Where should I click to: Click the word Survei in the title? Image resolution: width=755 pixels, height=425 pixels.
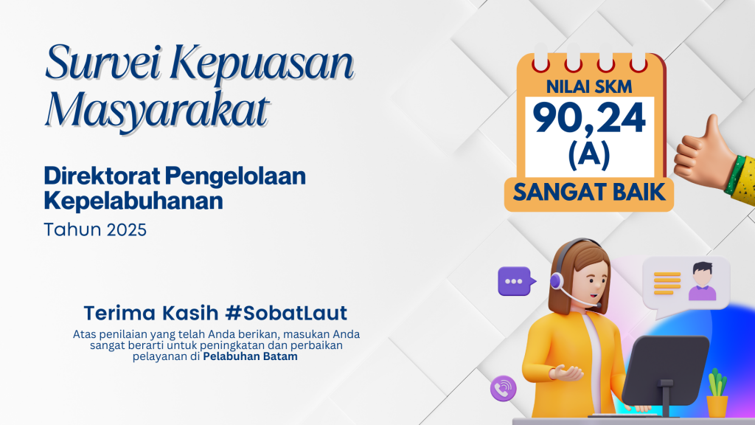102,63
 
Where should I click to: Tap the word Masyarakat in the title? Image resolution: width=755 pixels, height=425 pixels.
157,111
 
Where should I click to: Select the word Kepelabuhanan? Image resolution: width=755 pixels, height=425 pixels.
133,201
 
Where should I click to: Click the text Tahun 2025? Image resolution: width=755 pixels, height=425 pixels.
95,230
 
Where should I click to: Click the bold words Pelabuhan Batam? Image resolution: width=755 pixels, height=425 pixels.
250,356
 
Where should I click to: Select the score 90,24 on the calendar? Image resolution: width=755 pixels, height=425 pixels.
589,118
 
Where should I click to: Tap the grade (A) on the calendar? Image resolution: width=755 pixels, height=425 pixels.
589,156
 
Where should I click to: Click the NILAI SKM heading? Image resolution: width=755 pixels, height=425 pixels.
589,87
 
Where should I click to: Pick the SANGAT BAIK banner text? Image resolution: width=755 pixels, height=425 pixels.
589,193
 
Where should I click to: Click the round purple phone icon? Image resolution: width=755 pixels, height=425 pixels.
503,388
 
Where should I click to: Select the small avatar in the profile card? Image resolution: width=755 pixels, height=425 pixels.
702,281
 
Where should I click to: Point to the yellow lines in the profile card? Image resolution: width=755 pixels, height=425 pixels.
667,283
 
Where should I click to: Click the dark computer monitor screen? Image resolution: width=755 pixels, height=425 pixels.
666,370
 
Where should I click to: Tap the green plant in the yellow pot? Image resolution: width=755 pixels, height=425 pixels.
717,383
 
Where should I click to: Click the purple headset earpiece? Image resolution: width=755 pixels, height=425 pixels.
557,281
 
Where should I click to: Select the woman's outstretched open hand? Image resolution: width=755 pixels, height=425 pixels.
566,373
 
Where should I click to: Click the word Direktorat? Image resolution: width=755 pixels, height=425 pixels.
102,176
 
